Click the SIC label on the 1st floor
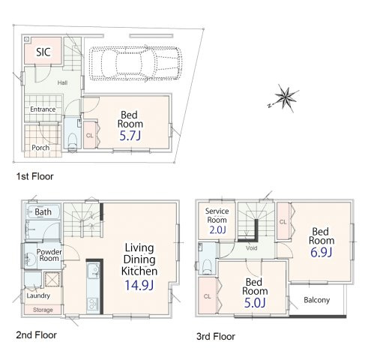coord(43,52)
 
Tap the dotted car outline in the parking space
coord(135,63)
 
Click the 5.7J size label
coord(130,136)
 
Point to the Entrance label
coord(43,109)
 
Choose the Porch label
coord(40,148)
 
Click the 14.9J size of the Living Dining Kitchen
coord(139,285)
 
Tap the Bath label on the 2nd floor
coord(43,212)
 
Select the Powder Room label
coord(49,255)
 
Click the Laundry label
coord(38,295)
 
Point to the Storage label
coord(43,310)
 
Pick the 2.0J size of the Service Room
coord(217,229)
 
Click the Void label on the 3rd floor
coord(251,248)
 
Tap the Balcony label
coord(317,300)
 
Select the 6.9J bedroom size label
coord(322,252)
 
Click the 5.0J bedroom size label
coord(255,303)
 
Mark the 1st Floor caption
coord(34,176)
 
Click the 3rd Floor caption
coord(216,337)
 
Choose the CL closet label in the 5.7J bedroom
coord(89,136)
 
